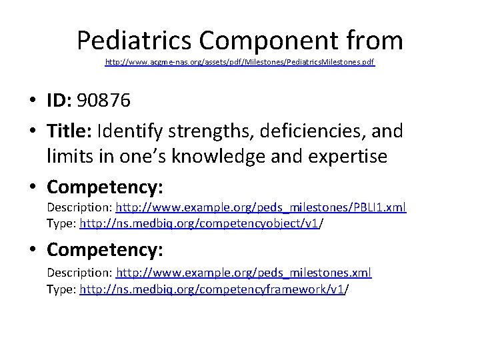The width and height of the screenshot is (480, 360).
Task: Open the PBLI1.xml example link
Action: tap(261, 208)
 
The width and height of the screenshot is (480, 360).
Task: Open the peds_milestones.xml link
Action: tap(243, 274)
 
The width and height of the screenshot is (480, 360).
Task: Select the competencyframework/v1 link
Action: tap(212, 289)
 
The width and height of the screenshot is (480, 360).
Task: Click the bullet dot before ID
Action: tap(32, 102)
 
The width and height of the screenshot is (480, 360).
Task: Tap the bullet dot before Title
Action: tap(32, 131)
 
